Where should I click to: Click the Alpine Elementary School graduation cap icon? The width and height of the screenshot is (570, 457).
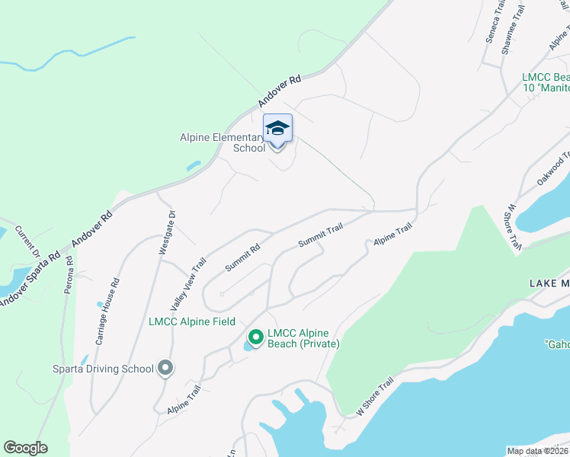click(x=277, y=129)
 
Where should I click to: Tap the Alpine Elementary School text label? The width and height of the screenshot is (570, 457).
click(x=223, y=142)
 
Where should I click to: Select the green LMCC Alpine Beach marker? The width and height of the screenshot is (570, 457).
click(x=256, y=336)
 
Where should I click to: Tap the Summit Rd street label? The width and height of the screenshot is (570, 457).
click(x=242, y=257)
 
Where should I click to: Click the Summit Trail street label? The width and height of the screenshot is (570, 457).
click(x=320, y=235)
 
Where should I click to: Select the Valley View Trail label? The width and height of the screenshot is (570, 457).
click(x=188, y=284)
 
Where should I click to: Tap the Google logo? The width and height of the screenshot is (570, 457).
click(x=25, y=448)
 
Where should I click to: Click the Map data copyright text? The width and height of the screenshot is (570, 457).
click(x=538, y=451)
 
